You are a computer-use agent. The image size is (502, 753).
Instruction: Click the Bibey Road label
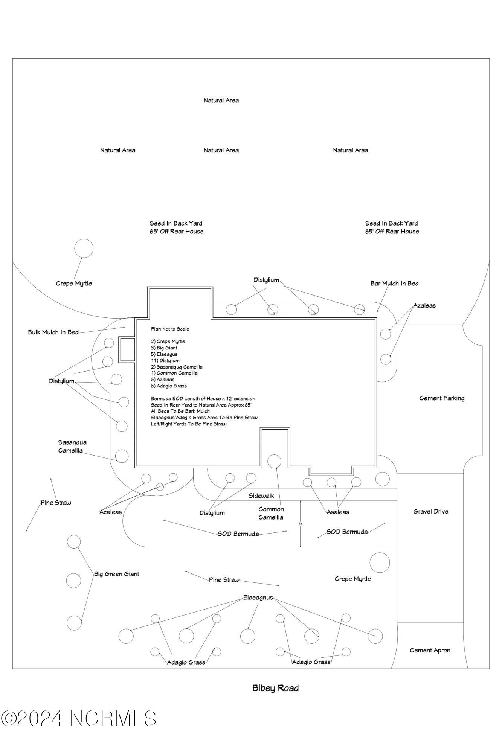275,688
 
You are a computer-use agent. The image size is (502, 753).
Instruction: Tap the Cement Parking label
442,398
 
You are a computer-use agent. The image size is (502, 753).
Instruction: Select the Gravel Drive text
430,511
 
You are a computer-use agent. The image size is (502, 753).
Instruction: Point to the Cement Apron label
430,650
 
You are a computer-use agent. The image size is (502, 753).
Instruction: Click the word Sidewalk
261,496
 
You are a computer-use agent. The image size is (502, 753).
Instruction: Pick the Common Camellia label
271,513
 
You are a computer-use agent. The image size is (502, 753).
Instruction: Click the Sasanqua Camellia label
72,446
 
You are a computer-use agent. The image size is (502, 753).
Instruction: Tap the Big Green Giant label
116,574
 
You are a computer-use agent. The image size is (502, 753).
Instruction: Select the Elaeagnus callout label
258,598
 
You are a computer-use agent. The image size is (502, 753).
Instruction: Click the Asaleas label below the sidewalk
338,512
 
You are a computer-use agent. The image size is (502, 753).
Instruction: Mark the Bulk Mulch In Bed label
53,332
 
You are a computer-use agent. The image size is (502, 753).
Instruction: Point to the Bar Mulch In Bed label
394,284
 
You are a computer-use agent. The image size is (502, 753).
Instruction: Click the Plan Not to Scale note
170,329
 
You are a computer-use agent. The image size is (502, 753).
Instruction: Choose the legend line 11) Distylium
165,361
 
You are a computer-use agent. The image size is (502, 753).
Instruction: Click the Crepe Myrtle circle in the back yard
84,248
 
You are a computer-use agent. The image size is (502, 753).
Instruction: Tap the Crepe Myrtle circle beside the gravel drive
380,563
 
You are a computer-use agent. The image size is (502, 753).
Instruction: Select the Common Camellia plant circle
274,461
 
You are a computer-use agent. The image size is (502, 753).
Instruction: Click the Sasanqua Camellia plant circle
122,456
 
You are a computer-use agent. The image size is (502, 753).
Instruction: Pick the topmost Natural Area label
221,101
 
